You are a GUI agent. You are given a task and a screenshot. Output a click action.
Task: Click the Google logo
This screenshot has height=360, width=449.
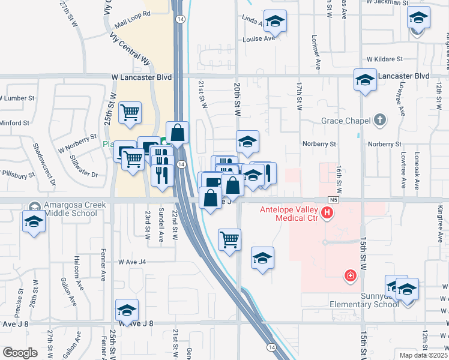coord(20,353)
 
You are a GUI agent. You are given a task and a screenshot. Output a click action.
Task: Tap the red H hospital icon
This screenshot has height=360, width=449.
coord(327,212)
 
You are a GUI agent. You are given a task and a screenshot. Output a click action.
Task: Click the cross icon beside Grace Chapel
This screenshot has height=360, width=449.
coord(379,121)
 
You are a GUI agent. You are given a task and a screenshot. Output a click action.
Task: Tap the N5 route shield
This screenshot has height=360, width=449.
coord(334,199)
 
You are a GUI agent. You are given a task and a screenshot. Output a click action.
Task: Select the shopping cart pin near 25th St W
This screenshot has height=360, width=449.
coord(130,112)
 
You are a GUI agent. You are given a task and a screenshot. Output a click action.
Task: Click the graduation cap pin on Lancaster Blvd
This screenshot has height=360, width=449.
coord(365,80)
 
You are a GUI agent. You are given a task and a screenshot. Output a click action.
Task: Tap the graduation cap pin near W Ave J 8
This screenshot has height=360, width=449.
coord(127,311)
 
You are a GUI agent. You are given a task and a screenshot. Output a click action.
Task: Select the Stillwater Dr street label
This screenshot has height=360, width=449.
coord(83,166)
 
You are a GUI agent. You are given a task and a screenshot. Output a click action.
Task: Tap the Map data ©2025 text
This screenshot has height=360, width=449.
coord(423,355)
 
